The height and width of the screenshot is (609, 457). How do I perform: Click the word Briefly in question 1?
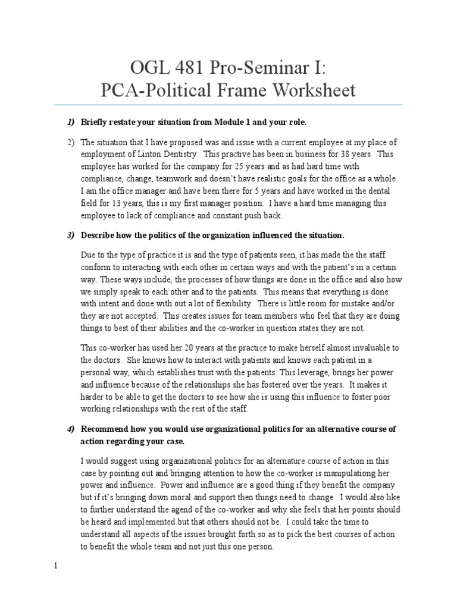[x=96, y=122]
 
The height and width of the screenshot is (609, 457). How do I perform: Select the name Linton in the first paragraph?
[x=147, y=154]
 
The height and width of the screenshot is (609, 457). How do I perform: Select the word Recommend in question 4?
[x=104, y=429]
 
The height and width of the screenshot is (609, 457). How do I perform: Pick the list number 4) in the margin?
[x=70, y=429]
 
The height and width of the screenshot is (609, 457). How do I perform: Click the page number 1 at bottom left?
[x=56, y=566]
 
